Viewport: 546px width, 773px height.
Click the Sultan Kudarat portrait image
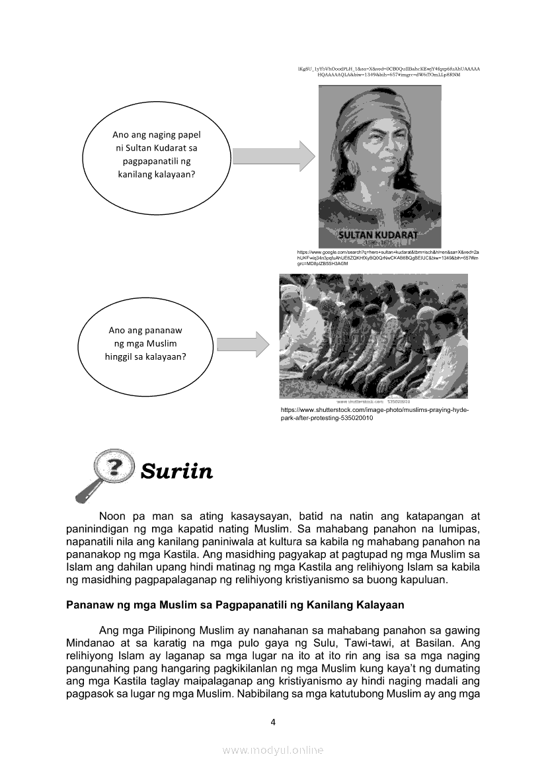(x=379, y=165)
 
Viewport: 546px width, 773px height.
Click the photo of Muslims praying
(x=373, y=336)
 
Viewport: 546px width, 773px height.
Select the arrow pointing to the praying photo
(x=243, y=344)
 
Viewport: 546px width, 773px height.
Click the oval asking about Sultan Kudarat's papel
(x=158, y=154)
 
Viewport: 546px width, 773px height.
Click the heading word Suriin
(x=176, y=471)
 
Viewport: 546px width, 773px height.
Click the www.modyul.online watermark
(x=273, y=750)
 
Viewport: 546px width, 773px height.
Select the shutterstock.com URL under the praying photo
(x=375, y=414)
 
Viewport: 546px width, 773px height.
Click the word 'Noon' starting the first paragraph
(x=112, y=515)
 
